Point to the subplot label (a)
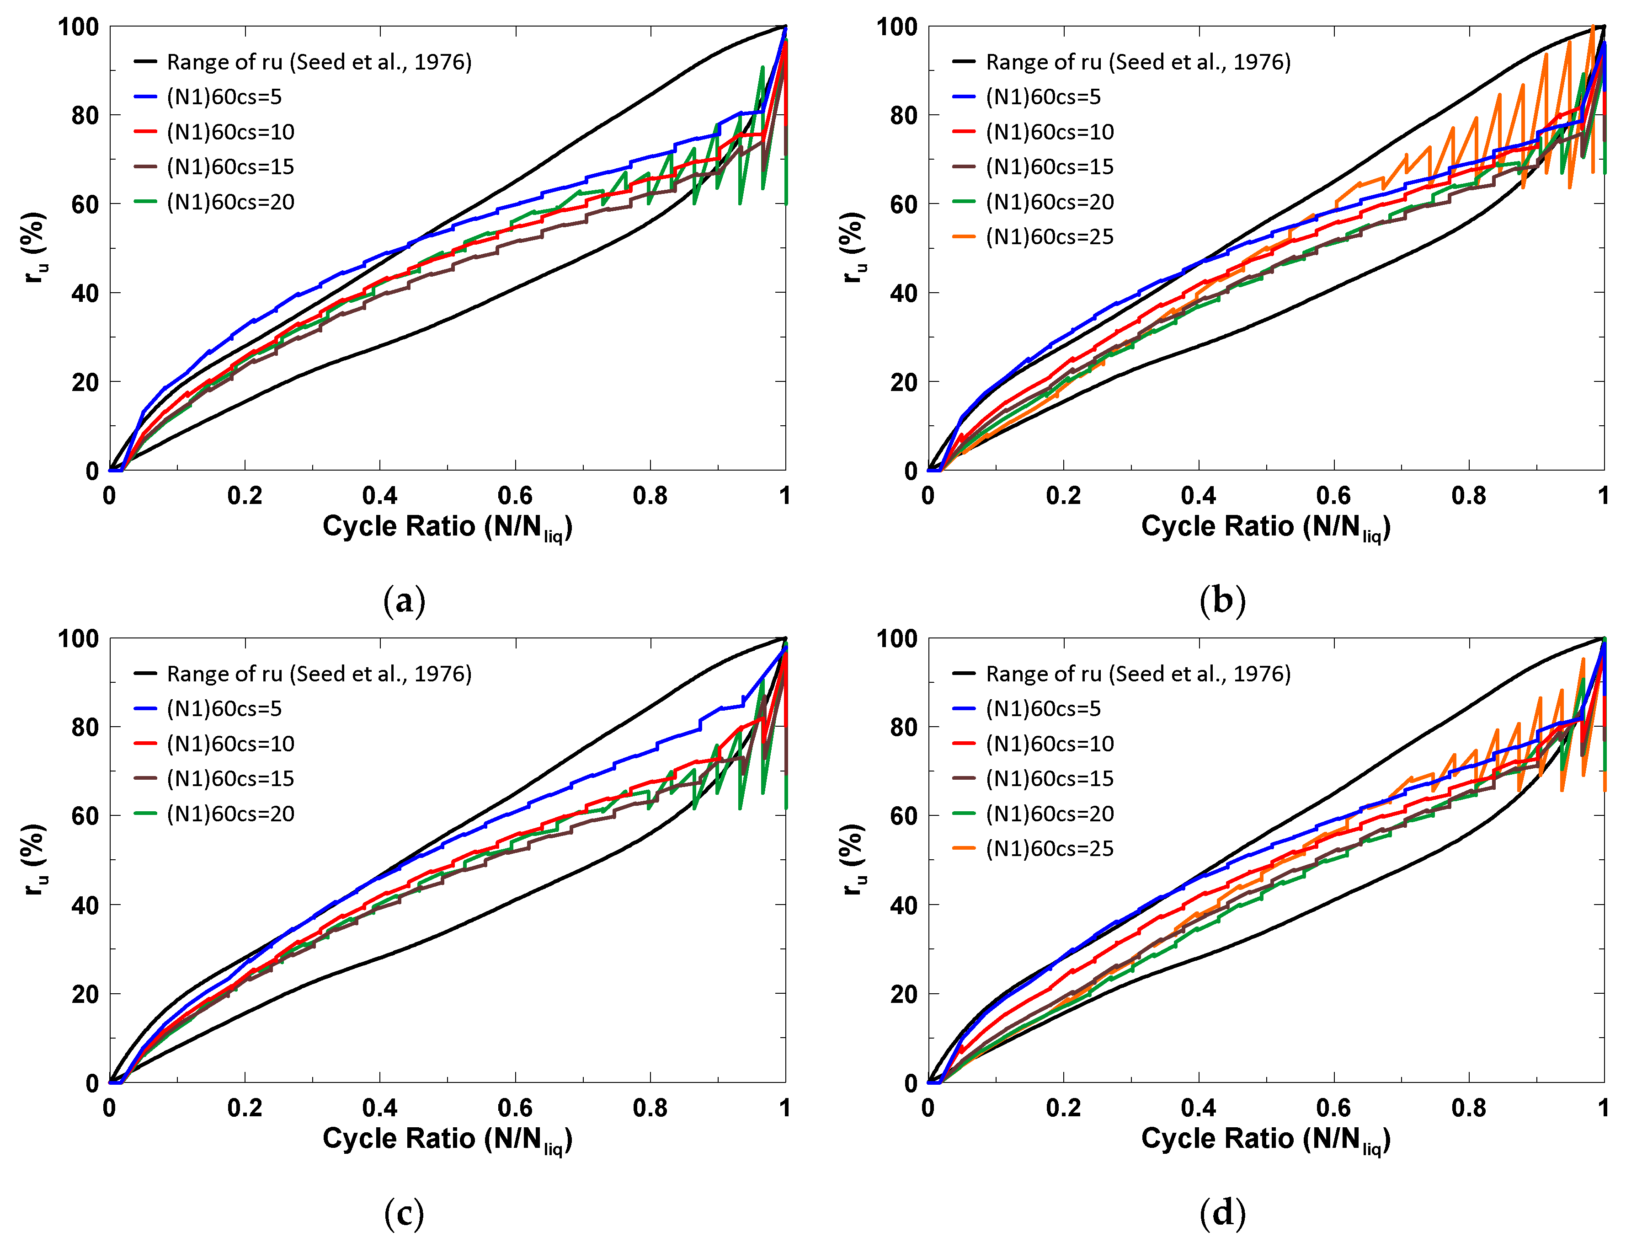(404, 600)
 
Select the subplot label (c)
(404, 1213)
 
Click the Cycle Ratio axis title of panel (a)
(447, 527)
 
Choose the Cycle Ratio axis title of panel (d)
(1265, 1140)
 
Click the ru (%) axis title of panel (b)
(853, 247)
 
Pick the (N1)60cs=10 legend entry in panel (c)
(230, 744)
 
